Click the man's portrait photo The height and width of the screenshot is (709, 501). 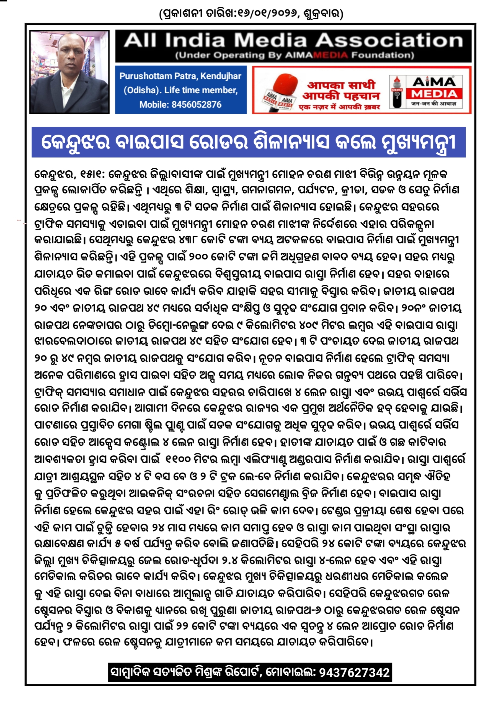pyautogui.click(x=69, y=72)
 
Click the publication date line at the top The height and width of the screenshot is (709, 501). pyautogui.click(x=251, y=14)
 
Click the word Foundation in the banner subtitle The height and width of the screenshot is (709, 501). pyautogui.click(x=383, y=55)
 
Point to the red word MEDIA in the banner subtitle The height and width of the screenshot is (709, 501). pyautogui.click(x=330, y=55)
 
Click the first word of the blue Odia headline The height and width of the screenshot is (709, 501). pyautogui.click(x=76, y=142)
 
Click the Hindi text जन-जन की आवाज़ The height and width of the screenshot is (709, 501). pyautogui.click(x=433, y=104)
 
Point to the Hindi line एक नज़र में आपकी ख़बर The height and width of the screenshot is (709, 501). pyautogui.click(x=340, y=107)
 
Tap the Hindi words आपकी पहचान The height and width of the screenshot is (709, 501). pyautogui.click(x=341, y=96)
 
